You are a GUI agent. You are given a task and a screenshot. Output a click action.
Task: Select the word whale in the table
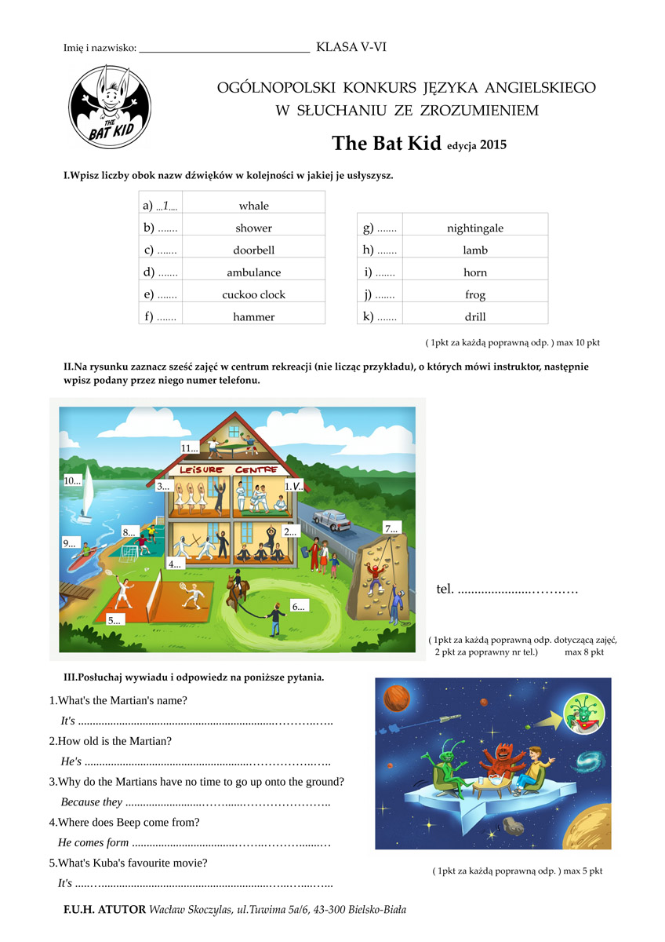pyautogui.click(x=253, y=206)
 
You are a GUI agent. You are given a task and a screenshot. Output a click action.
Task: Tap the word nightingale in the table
pyautogui.click(x=475, y=228)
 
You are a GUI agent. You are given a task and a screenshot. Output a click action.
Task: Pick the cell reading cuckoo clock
pyautogui.click(x=253, y=295)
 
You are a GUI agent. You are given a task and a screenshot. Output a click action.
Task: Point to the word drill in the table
pyautogui.click(x=475, y=317)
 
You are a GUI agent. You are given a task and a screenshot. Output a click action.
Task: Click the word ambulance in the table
pyautogui.click(x=253, y=273)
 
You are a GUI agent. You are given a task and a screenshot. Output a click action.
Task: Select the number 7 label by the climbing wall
pyautogui.click(x=391, y=528)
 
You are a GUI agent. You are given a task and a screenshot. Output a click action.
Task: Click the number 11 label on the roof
pyautogui.click(x=189, y=448)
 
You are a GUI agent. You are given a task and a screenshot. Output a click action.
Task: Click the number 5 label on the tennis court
pyautogui.click(x=116, y=619)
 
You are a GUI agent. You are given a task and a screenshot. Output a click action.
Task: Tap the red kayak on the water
pyautogui.click(x=81, y=561)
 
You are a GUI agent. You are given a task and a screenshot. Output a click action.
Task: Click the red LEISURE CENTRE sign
pyautogui.click(x=229, y=469)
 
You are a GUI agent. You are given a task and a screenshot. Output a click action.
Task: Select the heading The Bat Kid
pyautogui.click(x=388, y=144)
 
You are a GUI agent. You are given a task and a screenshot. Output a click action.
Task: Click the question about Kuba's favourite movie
pyautogui.click(x=129, y=863)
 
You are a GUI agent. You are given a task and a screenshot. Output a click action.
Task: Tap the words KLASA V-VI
pyautogui.click(x=351, y=48)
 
